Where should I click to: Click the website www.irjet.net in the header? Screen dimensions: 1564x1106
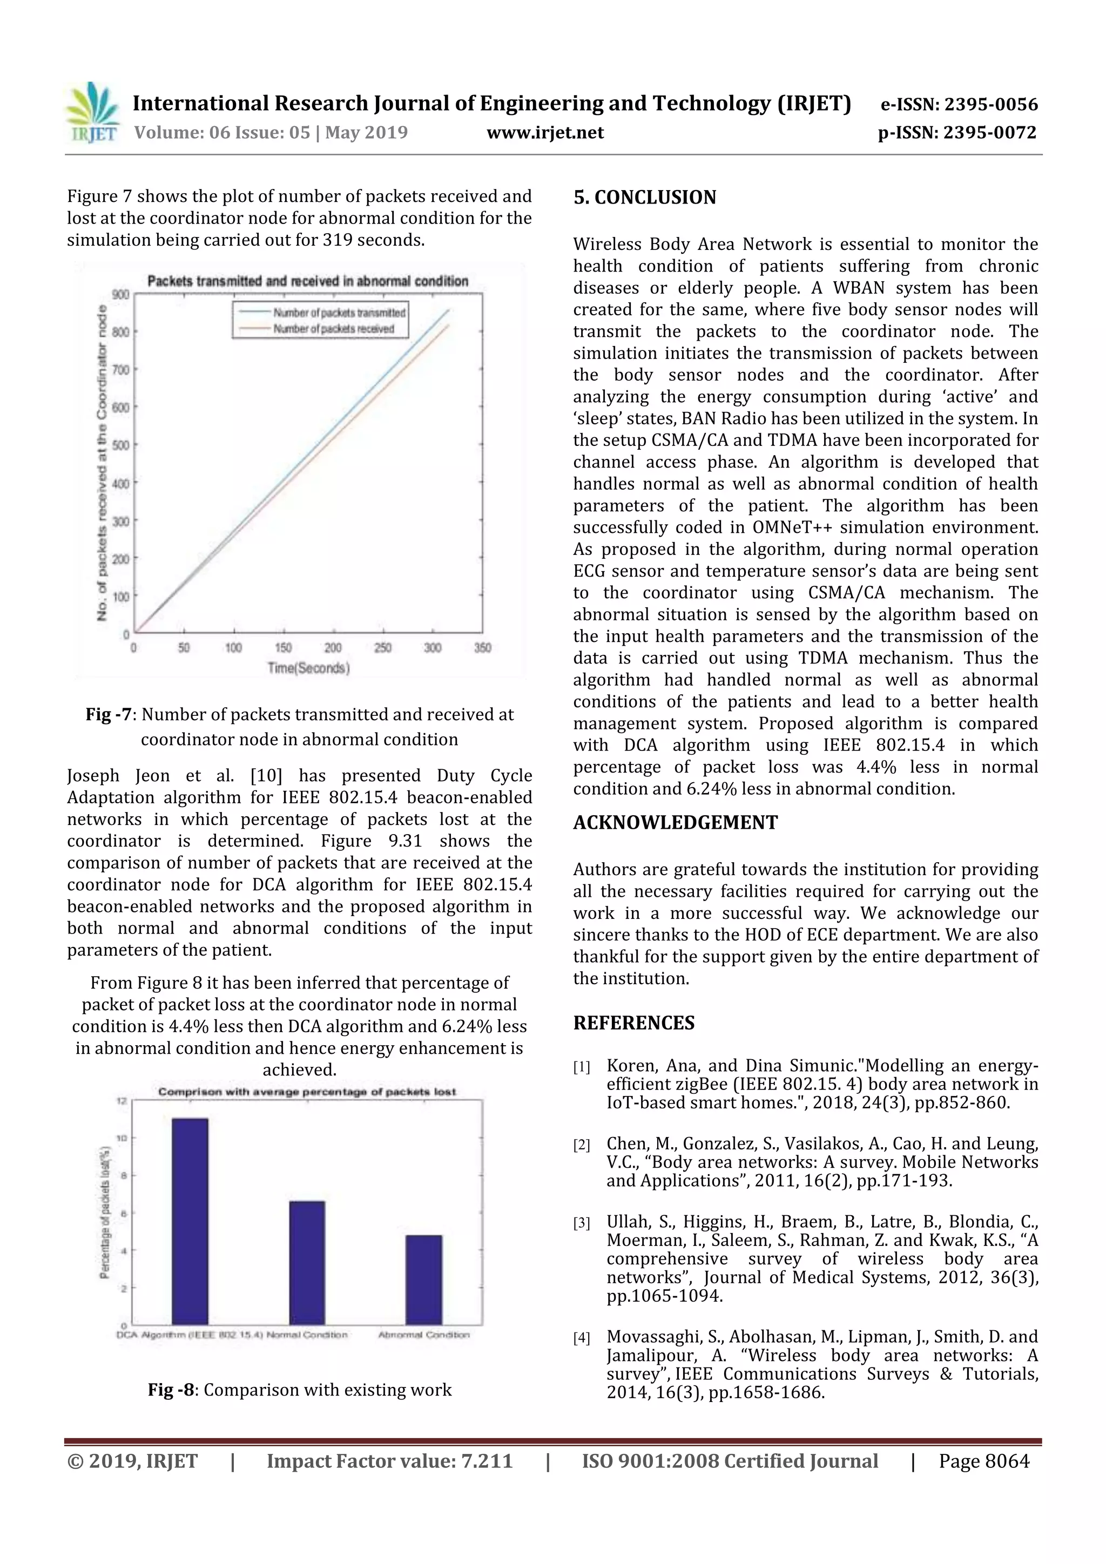tap(544, 132)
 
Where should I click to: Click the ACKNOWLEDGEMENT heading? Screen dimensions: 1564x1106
tap(675, 822)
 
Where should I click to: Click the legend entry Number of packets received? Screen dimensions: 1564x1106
tap(333, 329)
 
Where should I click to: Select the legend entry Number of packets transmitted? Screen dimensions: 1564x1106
tap(339, 313)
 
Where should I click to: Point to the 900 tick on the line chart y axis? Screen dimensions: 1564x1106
tap(120, 294)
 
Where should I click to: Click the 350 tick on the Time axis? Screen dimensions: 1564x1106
tap(482, 648)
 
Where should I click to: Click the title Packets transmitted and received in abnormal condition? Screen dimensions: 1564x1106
tap(307, 281)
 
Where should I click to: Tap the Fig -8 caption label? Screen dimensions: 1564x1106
tap(171, 1390)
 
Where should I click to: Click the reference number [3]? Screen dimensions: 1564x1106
tap(581, 1223)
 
